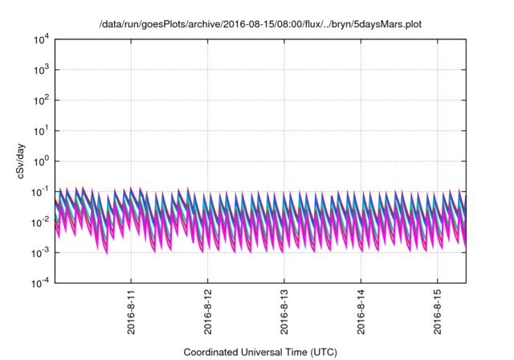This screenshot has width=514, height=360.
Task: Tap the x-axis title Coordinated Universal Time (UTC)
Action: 260,352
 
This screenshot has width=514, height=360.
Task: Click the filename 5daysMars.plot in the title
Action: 385,25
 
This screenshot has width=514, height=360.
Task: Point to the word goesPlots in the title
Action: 159,25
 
